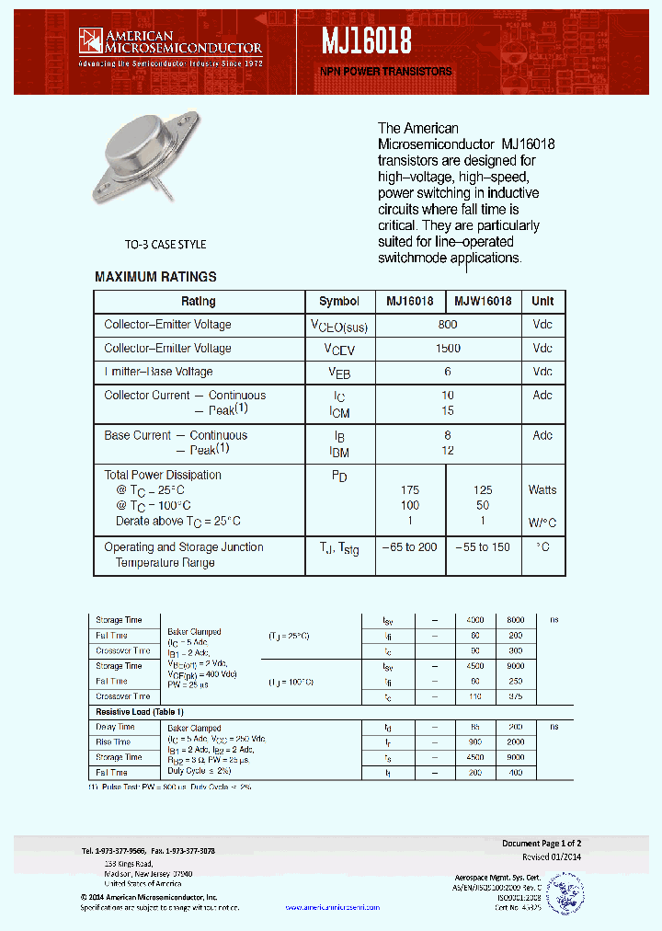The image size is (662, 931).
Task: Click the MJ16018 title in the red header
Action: pos(366,40)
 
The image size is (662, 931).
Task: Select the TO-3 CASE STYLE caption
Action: pos(165,245)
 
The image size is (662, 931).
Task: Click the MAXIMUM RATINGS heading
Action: pos(155,277)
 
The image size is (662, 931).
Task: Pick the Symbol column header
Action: pos(339,302)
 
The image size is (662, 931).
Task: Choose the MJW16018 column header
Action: pos(483,302)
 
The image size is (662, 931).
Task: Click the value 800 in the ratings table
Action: pos(447,325)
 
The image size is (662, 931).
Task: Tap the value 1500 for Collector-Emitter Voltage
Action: pos(447,349)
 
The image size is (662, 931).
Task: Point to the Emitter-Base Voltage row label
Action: pos(158,372)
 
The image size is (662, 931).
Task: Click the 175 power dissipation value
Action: pos(410,490)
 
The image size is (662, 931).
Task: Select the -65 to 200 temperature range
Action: pos(410,547)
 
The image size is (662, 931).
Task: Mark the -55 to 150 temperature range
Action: pos(483,547)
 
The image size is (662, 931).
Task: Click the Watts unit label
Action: pos(542,490)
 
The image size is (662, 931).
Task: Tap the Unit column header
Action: pos(542,302)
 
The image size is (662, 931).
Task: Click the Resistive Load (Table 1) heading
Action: pos(140,712)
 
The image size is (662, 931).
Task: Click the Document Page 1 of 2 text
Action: pos(541,844)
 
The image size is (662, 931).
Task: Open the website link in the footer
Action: pos(332,907)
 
